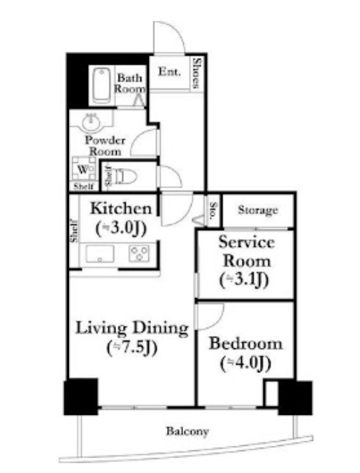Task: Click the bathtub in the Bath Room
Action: (x=101, y=85)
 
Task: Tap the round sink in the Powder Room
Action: (x=92, y=122)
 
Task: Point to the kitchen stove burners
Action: (x=139, y=253)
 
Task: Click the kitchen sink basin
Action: (x=100, y=254)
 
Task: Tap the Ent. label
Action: (x=170, y=71)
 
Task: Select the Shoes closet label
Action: (x=196, y=73)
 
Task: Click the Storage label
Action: (x=258, y=210)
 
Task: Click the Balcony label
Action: (x=187, y=431)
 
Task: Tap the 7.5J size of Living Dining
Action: (x=132, y=348)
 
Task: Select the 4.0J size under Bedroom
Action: (x=245, y=364)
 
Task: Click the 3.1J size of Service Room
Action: (x=244, y=281)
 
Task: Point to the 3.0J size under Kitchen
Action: (x=121, y=228)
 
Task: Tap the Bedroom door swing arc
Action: (x=217, y=321)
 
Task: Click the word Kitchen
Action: (x=121, y=209)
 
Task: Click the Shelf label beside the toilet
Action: (x=108, y=176)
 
